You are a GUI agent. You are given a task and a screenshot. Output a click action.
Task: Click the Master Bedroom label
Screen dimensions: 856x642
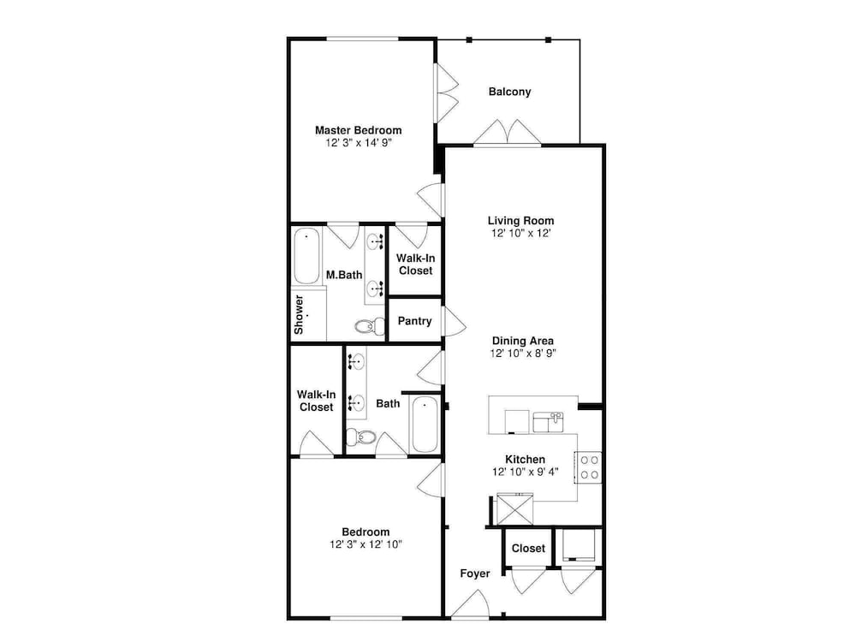coord(358,130)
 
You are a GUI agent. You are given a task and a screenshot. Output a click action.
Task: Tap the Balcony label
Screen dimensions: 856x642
coord(509,92)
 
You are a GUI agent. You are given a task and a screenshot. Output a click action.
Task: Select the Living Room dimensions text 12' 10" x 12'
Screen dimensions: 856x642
coord(520,233)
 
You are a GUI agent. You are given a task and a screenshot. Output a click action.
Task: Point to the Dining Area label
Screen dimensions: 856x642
coord(523,342)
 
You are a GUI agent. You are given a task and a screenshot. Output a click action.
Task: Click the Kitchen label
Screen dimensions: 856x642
coord(525,460)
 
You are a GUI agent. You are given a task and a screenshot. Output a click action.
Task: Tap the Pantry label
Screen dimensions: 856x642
coord(414,321)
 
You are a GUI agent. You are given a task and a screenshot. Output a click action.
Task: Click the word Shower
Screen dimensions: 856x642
coord(299,315)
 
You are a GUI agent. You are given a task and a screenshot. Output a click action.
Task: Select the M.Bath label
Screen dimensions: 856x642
coord(344,275)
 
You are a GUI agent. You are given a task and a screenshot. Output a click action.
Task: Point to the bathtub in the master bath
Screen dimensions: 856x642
coord(306,256)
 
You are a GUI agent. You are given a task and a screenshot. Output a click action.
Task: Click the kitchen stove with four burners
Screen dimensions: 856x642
coord(589,467)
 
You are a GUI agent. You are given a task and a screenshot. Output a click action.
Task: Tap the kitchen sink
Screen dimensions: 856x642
coord(548,422)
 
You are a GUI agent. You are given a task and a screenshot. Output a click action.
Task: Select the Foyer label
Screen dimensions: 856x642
coord(474,574)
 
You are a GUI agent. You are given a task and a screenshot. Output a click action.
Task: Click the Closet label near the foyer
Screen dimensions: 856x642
coord(528,548)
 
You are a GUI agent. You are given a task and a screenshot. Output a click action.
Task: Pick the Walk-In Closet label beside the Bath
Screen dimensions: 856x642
coord(316,401)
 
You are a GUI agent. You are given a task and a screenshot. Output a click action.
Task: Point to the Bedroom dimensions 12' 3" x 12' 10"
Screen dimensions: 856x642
coord(366,544)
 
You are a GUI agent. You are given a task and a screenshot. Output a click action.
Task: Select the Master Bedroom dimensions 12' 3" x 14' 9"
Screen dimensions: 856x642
coord(359,143)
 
